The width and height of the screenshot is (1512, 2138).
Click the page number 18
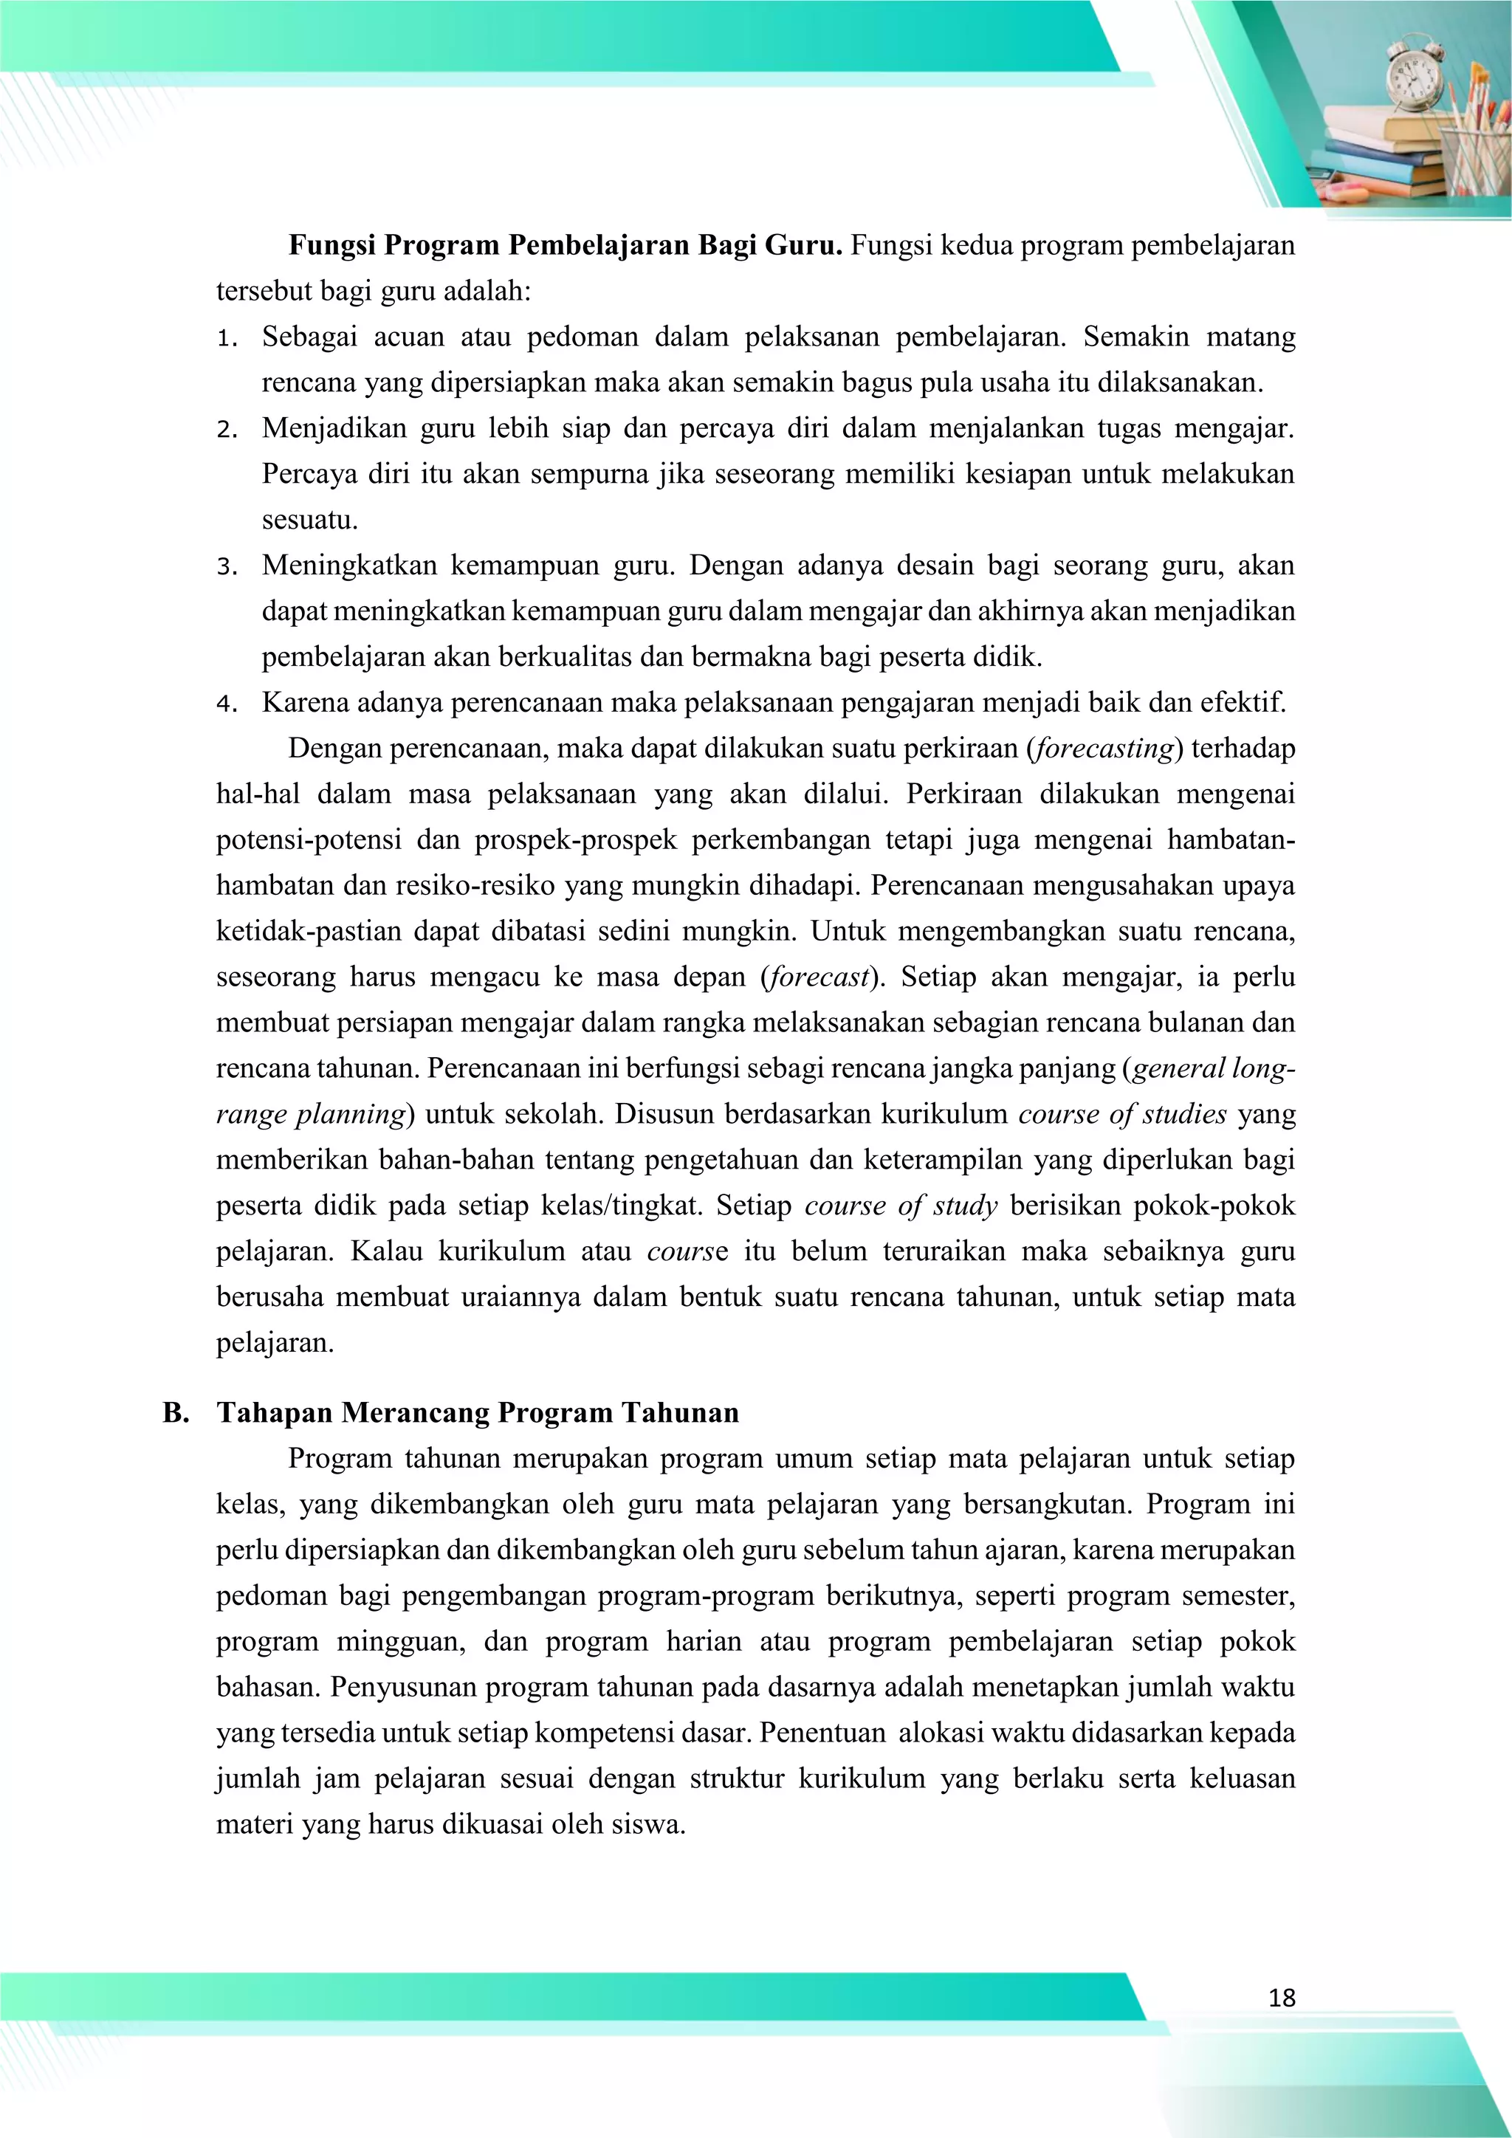pos(1281,1998)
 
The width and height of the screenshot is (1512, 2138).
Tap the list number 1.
pos(224,339)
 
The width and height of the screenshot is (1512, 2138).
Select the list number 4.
pos(224,705)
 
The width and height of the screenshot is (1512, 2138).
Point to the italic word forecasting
pos(1104,749)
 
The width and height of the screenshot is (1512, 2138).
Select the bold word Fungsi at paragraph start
pos(331,246)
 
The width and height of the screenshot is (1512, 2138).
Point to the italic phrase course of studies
pos(1123,1115)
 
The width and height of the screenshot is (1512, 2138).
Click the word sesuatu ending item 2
pos(309,520)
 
